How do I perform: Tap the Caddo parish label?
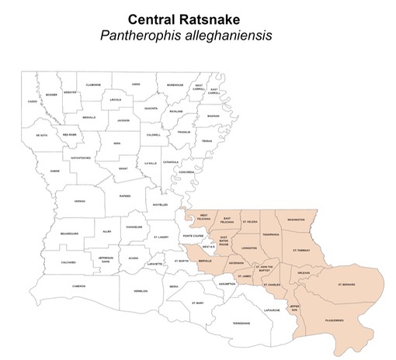[x=32, y=102]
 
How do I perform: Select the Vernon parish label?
[x=78, y=202]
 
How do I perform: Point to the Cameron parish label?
[x=78, y=286]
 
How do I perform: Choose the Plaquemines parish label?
[x=335, y=318]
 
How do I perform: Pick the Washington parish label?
[x=296, y=220]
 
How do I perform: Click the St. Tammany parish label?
[x=301, y=251]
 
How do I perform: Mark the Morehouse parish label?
[x=175, y=85]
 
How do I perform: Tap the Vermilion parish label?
[x=141, y=292]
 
